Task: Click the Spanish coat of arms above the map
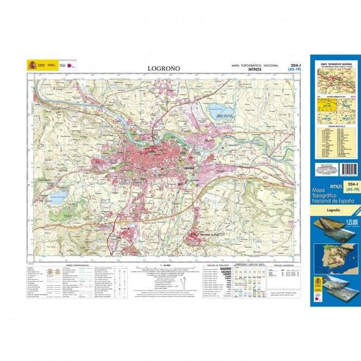point(32,65)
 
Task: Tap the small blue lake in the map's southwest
point(58,195)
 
